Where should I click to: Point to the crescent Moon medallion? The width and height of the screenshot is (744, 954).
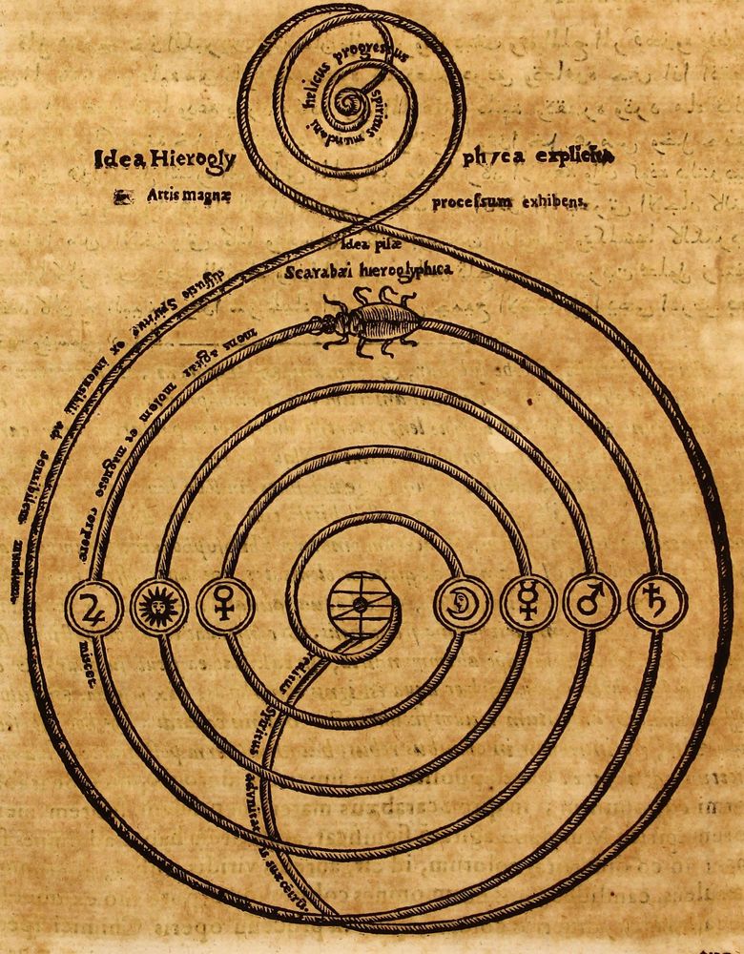click(463, 604)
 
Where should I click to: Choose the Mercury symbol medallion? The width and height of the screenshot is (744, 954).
click(527, 604)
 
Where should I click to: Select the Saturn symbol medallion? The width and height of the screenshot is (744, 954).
click(657, 603)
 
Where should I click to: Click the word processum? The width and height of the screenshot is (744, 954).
click(471, 202)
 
